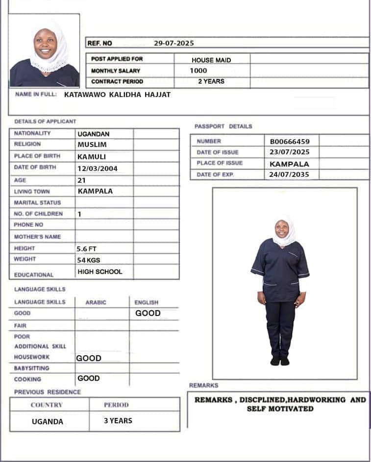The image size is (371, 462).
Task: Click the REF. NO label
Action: pyautogui.click(x=99, y=43)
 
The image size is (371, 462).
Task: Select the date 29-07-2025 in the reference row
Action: pyautogui.click(x=174, y=43)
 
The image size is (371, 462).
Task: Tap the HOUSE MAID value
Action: pyautogui.click(x=211, y=60)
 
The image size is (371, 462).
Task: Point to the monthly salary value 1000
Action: pyautogui.click(x=198, y=71)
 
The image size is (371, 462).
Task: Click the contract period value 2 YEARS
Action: pyautogui.click(x=211, y=81)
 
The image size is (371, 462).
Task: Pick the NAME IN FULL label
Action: pyautogui.click(x=36, y=95)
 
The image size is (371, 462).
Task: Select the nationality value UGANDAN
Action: pyautogui.click(x=94, y=134)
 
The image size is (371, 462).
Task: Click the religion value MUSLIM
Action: pyautogui.click(x=92, y=145)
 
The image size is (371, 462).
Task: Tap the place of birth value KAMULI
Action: pyautogui.click(x=92, y=157)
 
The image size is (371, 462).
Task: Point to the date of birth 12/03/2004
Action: pyautogui.click(x=98, y=169)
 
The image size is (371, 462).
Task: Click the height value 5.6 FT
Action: pyautogui.click(x=87, y=249)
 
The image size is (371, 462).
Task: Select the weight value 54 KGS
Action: pyautogui.click(x=88, y=260)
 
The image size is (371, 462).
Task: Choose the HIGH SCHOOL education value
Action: pyautogui.click(x=100, y=271)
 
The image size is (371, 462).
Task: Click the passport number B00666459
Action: pyautogui.click(x=290, y=142)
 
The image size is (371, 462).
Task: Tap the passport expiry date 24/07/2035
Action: pyautogui.click(x=290, y=174)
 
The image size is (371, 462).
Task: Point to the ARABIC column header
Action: pyautogui.click(x=96, y=303)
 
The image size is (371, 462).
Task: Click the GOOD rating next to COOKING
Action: pyautogui.click(x=89, y=378)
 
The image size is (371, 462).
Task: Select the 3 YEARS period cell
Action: pyautogui.click(x=118, y=420)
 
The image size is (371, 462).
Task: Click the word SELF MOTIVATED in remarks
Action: pyautogui.click(x=280, y=409)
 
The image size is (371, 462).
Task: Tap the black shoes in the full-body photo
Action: pyautogui.click(x=280, y=361)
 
